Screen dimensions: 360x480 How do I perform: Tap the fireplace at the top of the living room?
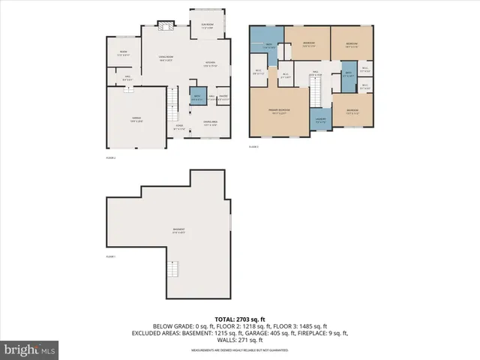click(166, 26)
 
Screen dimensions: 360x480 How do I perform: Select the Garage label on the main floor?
click(136, 118)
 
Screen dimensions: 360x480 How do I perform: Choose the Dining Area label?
click(210, 123)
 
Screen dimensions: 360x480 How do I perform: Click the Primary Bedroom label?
click(279, 111)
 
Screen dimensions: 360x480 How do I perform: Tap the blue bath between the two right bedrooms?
click(347, 76)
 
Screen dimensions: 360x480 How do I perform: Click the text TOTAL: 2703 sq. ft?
click(239, 319)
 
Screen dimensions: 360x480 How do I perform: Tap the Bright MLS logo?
click(30, 349)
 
